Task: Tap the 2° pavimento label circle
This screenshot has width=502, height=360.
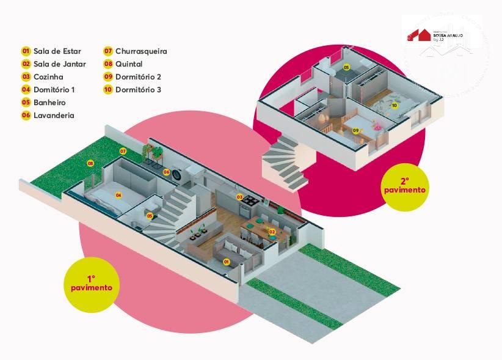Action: [x=404, y=185]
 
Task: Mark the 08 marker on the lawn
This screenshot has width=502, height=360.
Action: [x=90, y=164]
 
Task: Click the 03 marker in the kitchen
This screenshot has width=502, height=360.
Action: [x=240, y=197]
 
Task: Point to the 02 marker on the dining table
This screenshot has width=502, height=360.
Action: [x=272, y=232]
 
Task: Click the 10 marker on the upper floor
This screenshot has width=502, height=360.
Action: [x=395, y=106]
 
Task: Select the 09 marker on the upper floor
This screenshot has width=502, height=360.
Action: [x=356, y=130]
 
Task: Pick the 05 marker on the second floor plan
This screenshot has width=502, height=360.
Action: [x=346, y=67]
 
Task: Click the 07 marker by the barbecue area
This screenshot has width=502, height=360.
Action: [x=123, y=150]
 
